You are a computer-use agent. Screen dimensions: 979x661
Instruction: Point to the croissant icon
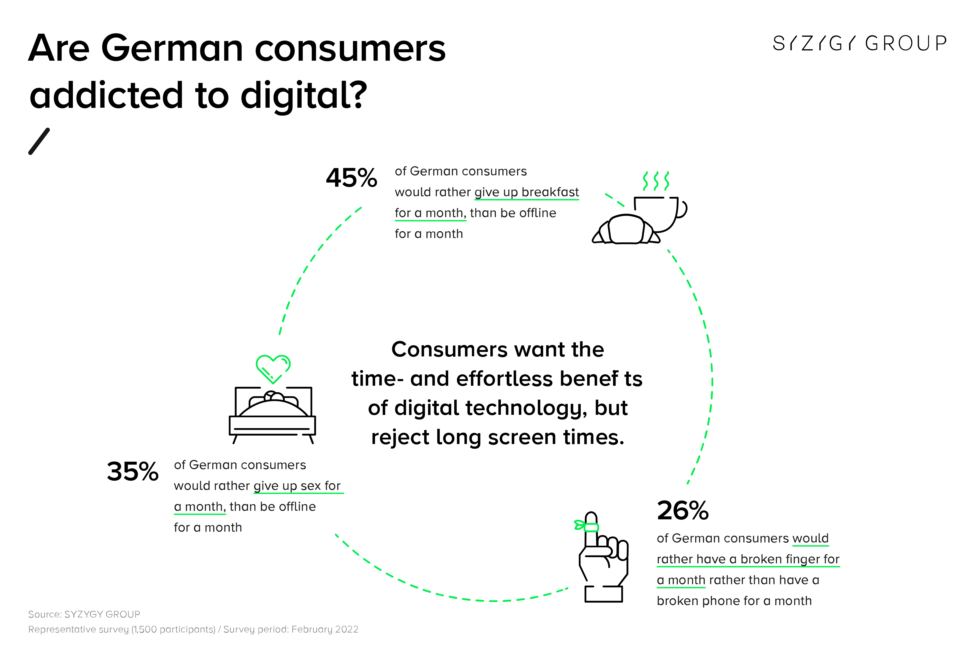point(626,230)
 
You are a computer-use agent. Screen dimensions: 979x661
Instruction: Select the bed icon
point(273,415)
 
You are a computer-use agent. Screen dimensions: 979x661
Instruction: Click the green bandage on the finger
point(587,526)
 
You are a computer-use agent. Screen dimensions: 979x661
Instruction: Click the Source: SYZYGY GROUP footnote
point(84,614)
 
